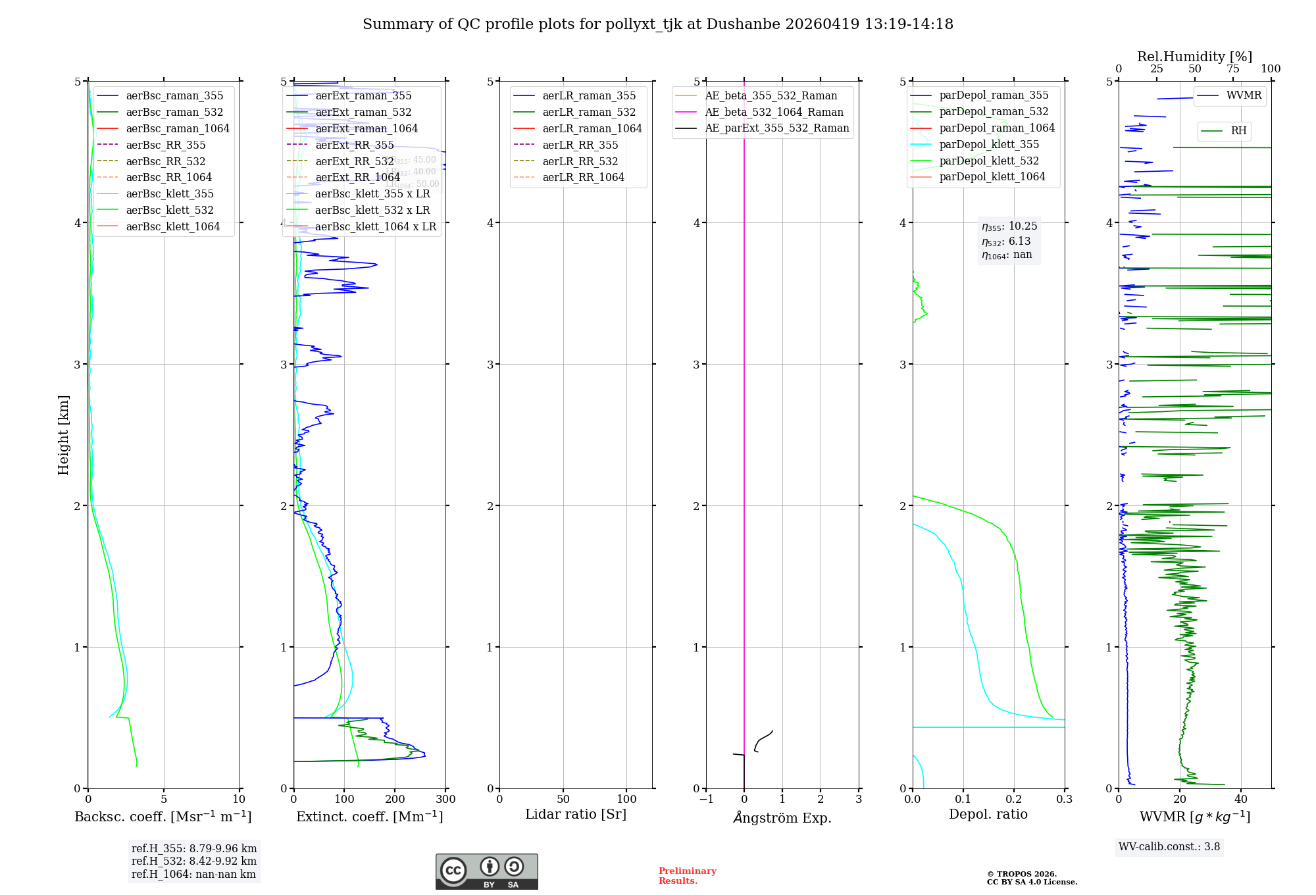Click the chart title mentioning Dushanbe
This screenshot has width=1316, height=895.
pyautogui.click(x=657, y=24)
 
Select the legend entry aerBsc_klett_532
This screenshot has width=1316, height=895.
pyautogui.click(x=170, y=210)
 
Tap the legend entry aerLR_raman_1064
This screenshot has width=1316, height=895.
pyautogui.click(x=592, y=128)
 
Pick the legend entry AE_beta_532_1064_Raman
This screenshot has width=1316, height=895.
pyautogui.click(x=774, y=112)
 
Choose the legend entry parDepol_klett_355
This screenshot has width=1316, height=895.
pyautogui.click(x=989, y=144)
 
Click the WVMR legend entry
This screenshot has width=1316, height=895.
pyautogui.click(x=1244, y=95)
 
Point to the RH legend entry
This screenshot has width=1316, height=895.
pyautogui.click(x=1238, y=131)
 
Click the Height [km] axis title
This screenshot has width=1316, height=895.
pyautogui.click(x=63, y=435)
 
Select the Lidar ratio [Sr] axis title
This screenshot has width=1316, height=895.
pyautogui.click(x=576, y=814)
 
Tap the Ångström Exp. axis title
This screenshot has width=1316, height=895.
pyautogui.click(x=782, y=817)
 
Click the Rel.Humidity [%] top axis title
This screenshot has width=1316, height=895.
pyautogui.click(x=1194, y=57)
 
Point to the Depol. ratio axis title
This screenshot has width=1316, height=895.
pyautogui.click(x=988, y=814)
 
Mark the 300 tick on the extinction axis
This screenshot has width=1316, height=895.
pyautogui.click(x=445, y=800)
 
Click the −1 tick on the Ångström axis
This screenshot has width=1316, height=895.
pyautogui.click(x=706, y=800)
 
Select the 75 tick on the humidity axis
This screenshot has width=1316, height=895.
pyautogui.click(x=1232, y=69)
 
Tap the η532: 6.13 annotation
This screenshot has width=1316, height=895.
pyautogui.click(x=1006, y=242)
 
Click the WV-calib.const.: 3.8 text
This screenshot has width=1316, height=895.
pyautogui.click(x=1169, y=847)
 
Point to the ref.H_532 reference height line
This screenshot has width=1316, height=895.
pyautogui.click(x=193, y=861)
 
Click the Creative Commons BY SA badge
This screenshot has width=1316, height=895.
pyautogui.click(x=486, y=871)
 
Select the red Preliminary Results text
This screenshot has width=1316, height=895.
pyautogui.click(x=687, y=876)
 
